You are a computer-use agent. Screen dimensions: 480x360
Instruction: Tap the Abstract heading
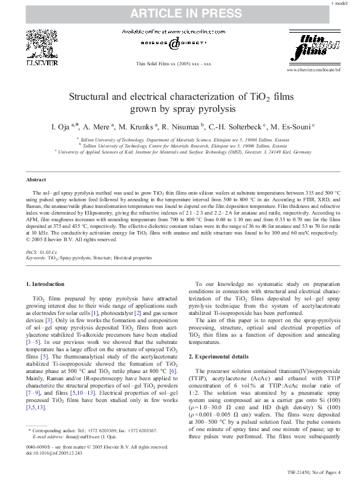[37, 180]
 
